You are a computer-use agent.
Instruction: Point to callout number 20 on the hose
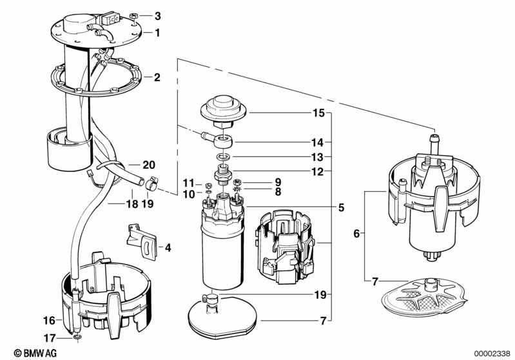149,165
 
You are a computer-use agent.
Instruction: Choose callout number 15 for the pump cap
318,113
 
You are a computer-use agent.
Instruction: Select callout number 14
318,142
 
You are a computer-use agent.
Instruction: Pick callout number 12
318,171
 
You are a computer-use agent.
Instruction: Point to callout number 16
48,319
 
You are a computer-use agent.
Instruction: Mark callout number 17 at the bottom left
48,336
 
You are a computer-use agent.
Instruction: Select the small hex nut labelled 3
133,15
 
